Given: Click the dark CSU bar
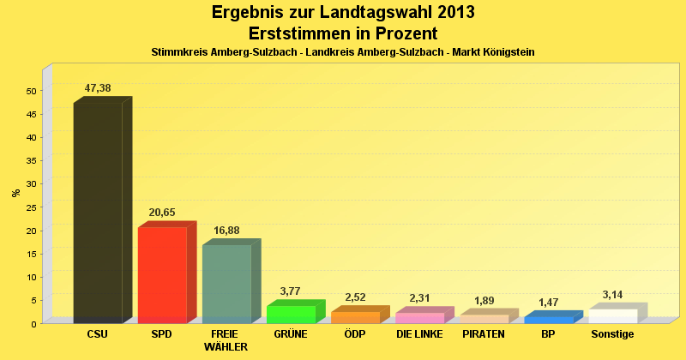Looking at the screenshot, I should (98, 213).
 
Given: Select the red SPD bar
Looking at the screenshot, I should (162, 274).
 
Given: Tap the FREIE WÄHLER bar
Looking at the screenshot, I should (226, 284).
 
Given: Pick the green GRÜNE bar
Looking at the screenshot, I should (291, 314).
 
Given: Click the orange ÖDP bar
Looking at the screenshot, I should (355, 317).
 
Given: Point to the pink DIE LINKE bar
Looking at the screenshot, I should (419, 318).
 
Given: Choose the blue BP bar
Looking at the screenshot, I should (549, 320).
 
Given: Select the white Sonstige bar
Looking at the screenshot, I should (613, 315).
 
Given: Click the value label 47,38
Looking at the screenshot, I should (98, 88).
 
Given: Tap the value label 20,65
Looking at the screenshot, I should (162, 213).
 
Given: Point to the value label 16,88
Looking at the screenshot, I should (226, 230).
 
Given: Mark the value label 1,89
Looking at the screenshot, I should (484, 300).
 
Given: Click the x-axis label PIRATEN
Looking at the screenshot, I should (484, 333).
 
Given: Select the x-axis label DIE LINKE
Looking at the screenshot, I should (419, 333).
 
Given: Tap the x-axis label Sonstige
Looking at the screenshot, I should (613, 333).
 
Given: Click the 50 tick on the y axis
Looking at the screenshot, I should (32, 91).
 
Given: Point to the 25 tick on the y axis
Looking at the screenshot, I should (32, 207).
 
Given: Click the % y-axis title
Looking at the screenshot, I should (16, 193).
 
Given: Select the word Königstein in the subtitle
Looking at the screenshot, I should (506, 52).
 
